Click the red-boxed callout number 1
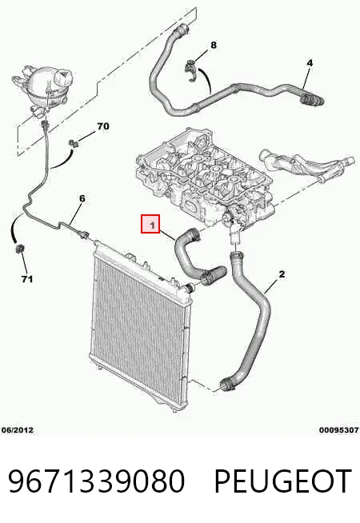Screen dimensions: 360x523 tap(150, 224)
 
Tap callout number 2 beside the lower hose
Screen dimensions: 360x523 tap(282, 274)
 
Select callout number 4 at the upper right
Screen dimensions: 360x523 tap(310, 62)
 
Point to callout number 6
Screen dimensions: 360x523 tap(82, 198)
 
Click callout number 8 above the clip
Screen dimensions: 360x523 tap(214, 45)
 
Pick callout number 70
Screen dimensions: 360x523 tap(103, 126)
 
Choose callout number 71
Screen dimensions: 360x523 tap(27, 279)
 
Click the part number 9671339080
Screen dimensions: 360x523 tap(96, 481)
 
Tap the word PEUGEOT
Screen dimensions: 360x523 tap(282, 481)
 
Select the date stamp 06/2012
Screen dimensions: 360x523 tap(18, 430)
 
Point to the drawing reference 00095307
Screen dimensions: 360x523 tap(339, 430)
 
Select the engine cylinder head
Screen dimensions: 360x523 tap(204, 176)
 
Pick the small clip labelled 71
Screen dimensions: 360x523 tap(20, 249)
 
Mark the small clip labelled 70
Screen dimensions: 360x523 tap(74, 144)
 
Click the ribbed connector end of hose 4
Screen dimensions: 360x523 tap(312, 100)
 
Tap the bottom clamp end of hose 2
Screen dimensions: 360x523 tap(226, 385)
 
